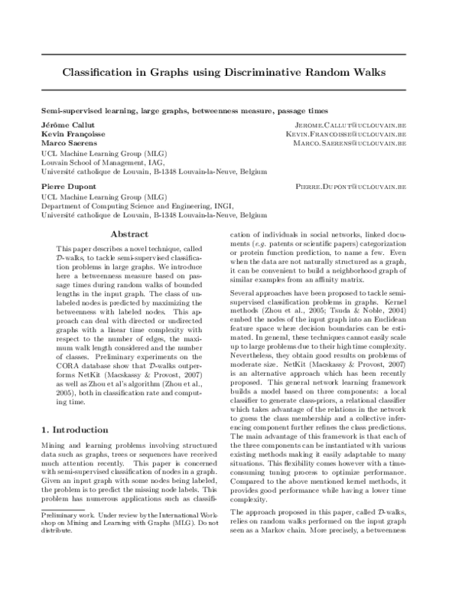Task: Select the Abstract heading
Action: [129, 234]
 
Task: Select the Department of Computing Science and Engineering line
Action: [144, 206]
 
